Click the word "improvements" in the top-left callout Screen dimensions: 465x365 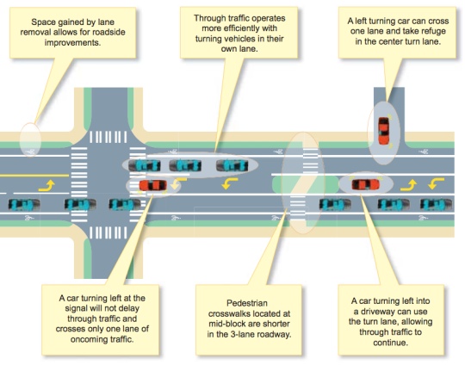click(72, 42)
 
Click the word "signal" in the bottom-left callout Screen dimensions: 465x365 click(77, 308)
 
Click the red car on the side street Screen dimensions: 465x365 click(384, 131)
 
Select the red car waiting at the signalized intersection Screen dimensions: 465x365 click(152, 186)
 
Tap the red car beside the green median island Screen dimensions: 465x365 click(365, 184)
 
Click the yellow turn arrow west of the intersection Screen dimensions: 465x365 click(46, 186)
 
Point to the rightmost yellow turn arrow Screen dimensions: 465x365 click(436, 183)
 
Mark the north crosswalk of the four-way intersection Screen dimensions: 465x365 click(108, 137)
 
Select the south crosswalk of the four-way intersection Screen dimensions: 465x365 click(108, 232)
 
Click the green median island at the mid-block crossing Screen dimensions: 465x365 click(306, 184)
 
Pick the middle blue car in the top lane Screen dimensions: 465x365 click(185, 165)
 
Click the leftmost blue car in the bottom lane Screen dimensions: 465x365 click(24, 204)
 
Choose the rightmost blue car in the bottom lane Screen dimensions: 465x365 click(437, 205)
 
